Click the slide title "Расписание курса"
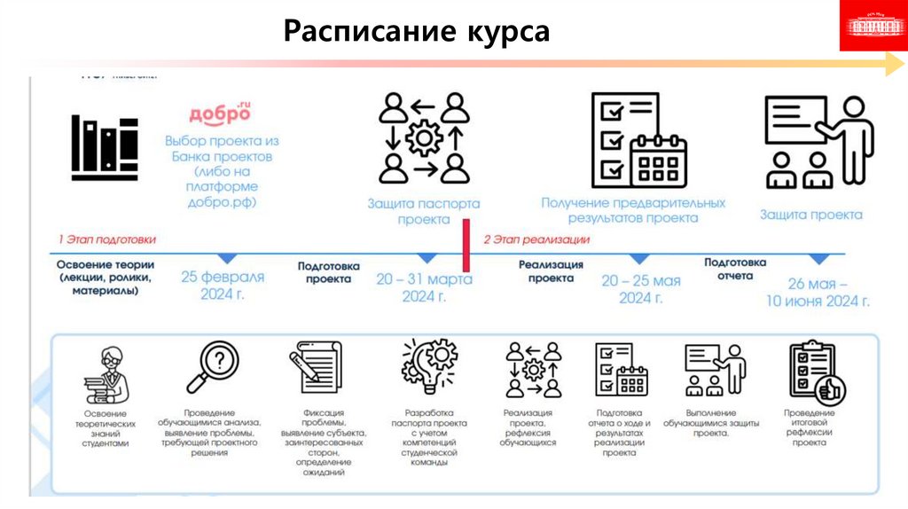pyautogui.click(x=417, y=32)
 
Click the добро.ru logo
pyautogui.click(x=220, y=114)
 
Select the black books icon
pyautogui.click(x=105, y=147)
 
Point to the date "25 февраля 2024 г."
pyautogui.click(x=223, y=286)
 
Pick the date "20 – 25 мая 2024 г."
pyautogui.click(x=640, y=288)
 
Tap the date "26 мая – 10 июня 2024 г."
pyautogui.click(x=818, y=293)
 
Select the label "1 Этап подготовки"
pyautogui.click(x=106, y=239)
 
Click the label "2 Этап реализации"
pyautogui.click(x=536, y=239)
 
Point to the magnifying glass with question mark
pyautogui.click(x=212, y=367)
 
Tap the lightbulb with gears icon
pyautogui.click(x=429, y=369)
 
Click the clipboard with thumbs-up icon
pyautogui.click(x=815, y=372)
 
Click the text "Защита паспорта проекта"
pyautogui.click(x=423, y=211)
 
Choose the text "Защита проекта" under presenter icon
pyautogui.click(x=810, y=215)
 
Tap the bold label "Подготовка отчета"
pyautogui.click(x=736, y=269)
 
